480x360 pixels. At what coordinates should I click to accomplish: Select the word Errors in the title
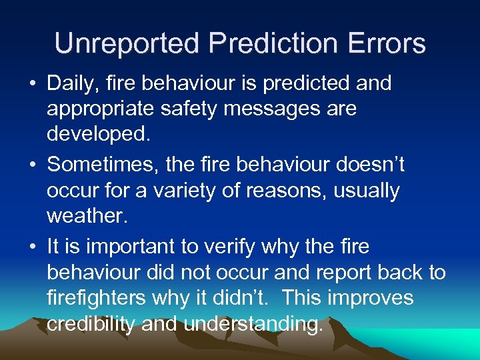pos(387,43)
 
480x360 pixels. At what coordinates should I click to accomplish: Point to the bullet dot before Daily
pos(33,85)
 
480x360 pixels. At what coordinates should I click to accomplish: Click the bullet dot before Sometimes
pos(33,165)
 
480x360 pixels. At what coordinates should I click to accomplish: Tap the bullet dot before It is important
pos(33,247)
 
